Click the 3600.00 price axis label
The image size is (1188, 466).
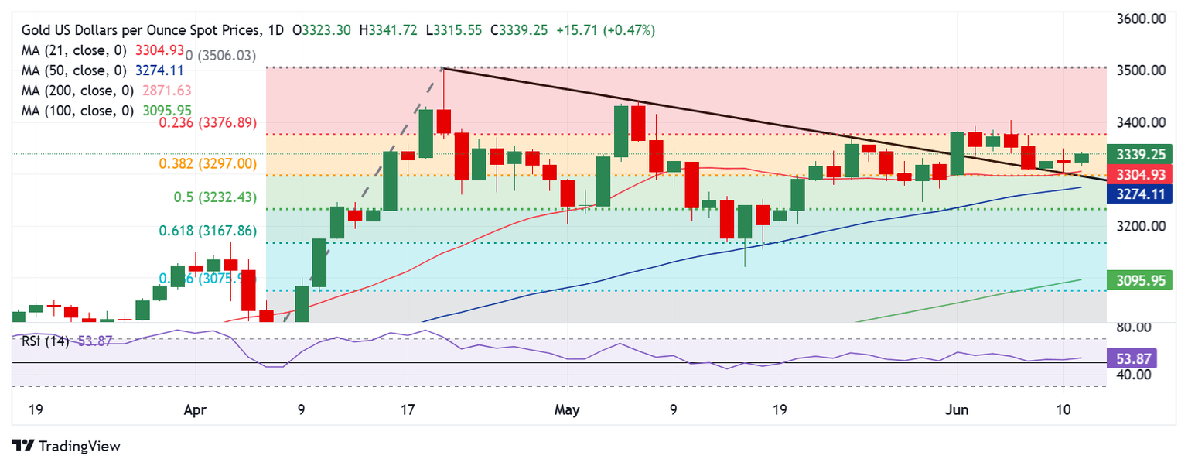1141,19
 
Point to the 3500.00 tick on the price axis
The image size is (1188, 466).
1141,70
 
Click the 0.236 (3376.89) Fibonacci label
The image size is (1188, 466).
207,123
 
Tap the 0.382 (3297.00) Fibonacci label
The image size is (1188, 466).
207,163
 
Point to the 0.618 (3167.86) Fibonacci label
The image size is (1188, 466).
207,231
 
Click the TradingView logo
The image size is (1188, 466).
67,446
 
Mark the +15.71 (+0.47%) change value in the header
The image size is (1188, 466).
606,30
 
